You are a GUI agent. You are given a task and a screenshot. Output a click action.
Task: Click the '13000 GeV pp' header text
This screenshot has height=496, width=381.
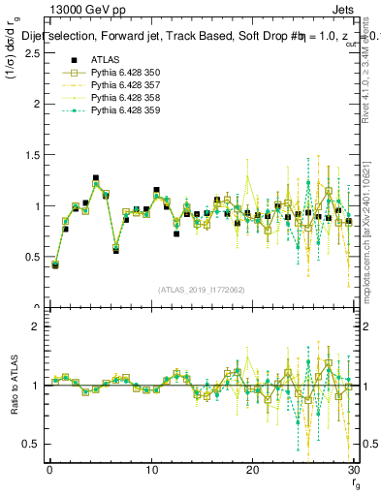(x=83, y=13)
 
